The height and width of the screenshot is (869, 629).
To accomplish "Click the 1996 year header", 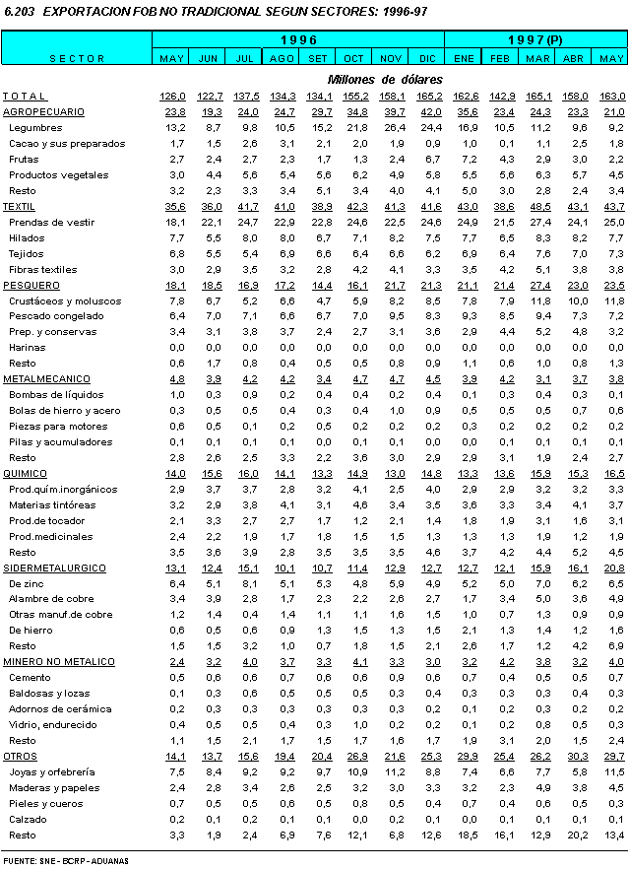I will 298,39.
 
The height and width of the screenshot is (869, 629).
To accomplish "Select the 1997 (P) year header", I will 535,39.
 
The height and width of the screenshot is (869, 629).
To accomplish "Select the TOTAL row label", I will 25,96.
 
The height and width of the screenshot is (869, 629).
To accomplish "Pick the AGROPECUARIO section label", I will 43,111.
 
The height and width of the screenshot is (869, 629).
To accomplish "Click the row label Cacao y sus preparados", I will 66,143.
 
